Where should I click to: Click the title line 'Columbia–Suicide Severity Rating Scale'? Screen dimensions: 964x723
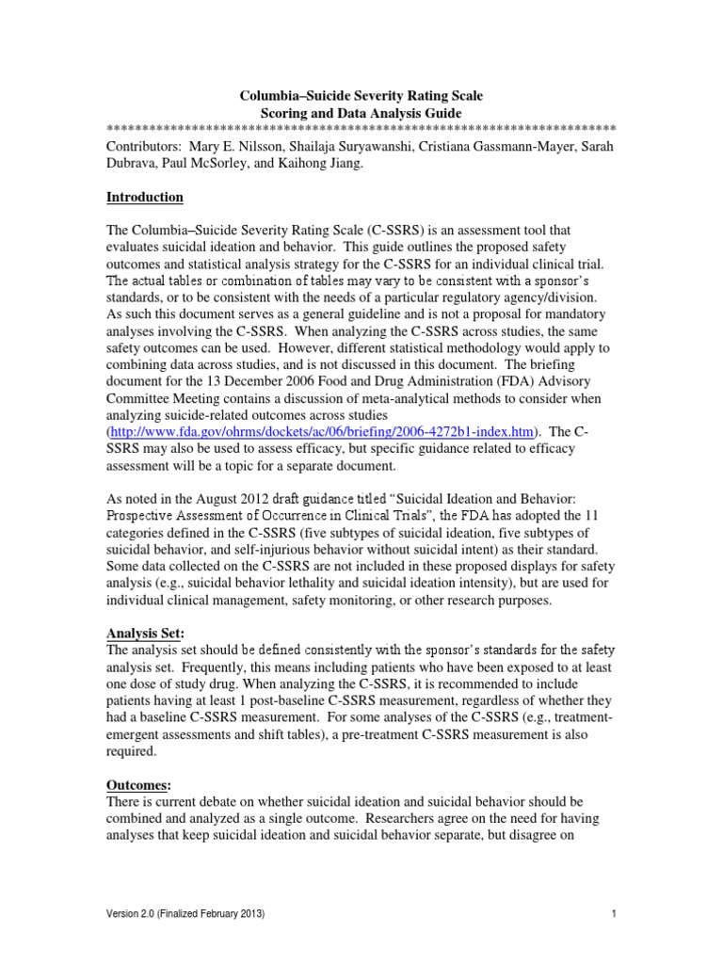pos(361,95)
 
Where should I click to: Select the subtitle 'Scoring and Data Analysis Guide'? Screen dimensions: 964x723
pos(361,113)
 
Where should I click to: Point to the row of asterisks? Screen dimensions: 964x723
pos(361,129)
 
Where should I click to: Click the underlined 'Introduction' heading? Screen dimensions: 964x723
pos(144,197)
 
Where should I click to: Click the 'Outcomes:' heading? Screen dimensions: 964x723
pos(140,786)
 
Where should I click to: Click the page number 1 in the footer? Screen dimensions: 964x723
pos(613,913)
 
